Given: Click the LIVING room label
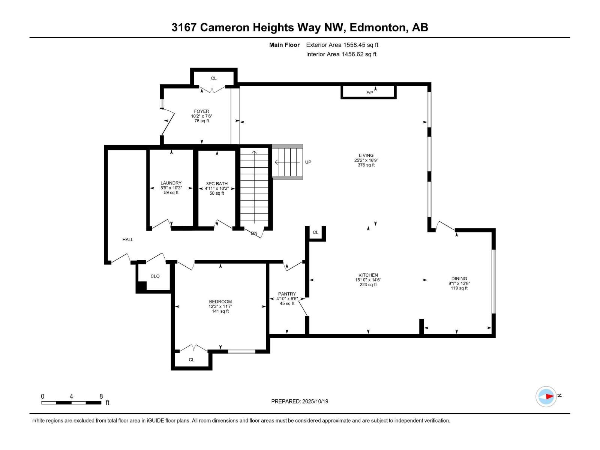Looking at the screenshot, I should click(x=366, y=155).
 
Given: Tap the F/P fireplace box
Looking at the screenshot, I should click(x=369, y=92).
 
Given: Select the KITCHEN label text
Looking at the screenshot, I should click(x=368, y=275).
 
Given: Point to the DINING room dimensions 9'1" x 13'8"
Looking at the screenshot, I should click(x=459, y=283).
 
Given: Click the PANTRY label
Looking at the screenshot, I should click(x=287, y=294).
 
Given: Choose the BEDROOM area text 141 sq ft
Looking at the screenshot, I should click(x=220, y=311).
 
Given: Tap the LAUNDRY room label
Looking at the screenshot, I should click(x=171, y=183).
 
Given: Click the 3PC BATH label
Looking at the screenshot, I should click(x=217, y=184).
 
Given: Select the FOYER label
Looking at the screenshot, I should click(x=201, y=111).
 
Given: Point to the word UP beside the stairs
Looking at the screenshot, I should click(x=308, y=162).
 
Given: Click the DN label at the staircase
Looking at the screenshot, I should click(x=254, y=233).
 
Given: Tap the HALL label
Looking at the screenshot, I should click(x=128, y=239).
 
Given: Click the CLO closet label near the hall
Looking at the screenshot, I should click(x=155, y=276).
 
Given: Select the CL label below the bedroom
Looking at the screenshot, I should click(x=192, y=360).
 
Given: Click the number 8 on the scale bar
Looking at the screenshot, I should click(x=101, y=396).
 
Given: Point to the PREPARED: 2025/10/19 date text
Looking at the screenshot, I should click(x=300, y=401).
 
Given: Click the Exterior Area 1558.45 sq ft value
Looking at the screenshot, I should click(x=342, y=45).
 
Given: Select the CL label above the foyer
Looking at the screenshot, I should click(x=213, y=78).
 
